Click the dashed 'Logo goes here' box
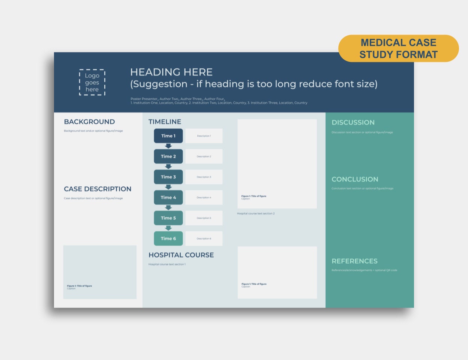click(92, 82)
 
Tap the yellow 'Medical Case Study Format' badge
click(398, 48)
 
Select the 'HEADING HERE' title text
click(171, 72)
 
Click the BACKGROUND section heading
click(89, 122)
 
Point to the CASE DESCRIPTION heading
click(97, 189)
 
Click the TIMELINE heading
click(165, 122)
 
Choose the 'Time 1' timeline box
click(168, 136)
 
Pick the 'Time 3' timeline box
click(168, 177)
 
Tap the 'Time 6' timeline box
click(168, 238)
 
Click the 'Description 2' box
click(204, 156)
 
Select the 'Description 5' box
click(204, 218)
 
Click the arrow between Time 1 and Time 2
click(168, 146)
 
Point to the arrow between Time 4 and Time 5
click(168, 207)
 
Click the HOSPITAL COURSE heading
click(181, 255)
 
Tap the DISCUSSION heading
click(353, 123)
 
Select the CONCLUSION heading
click(355, 180)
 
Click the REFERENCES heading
click(354, 261)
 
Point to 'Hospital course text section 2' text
click(256, 214)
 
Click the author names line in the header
click(178, 99)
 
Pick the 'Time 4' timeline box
click(168, 198)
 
